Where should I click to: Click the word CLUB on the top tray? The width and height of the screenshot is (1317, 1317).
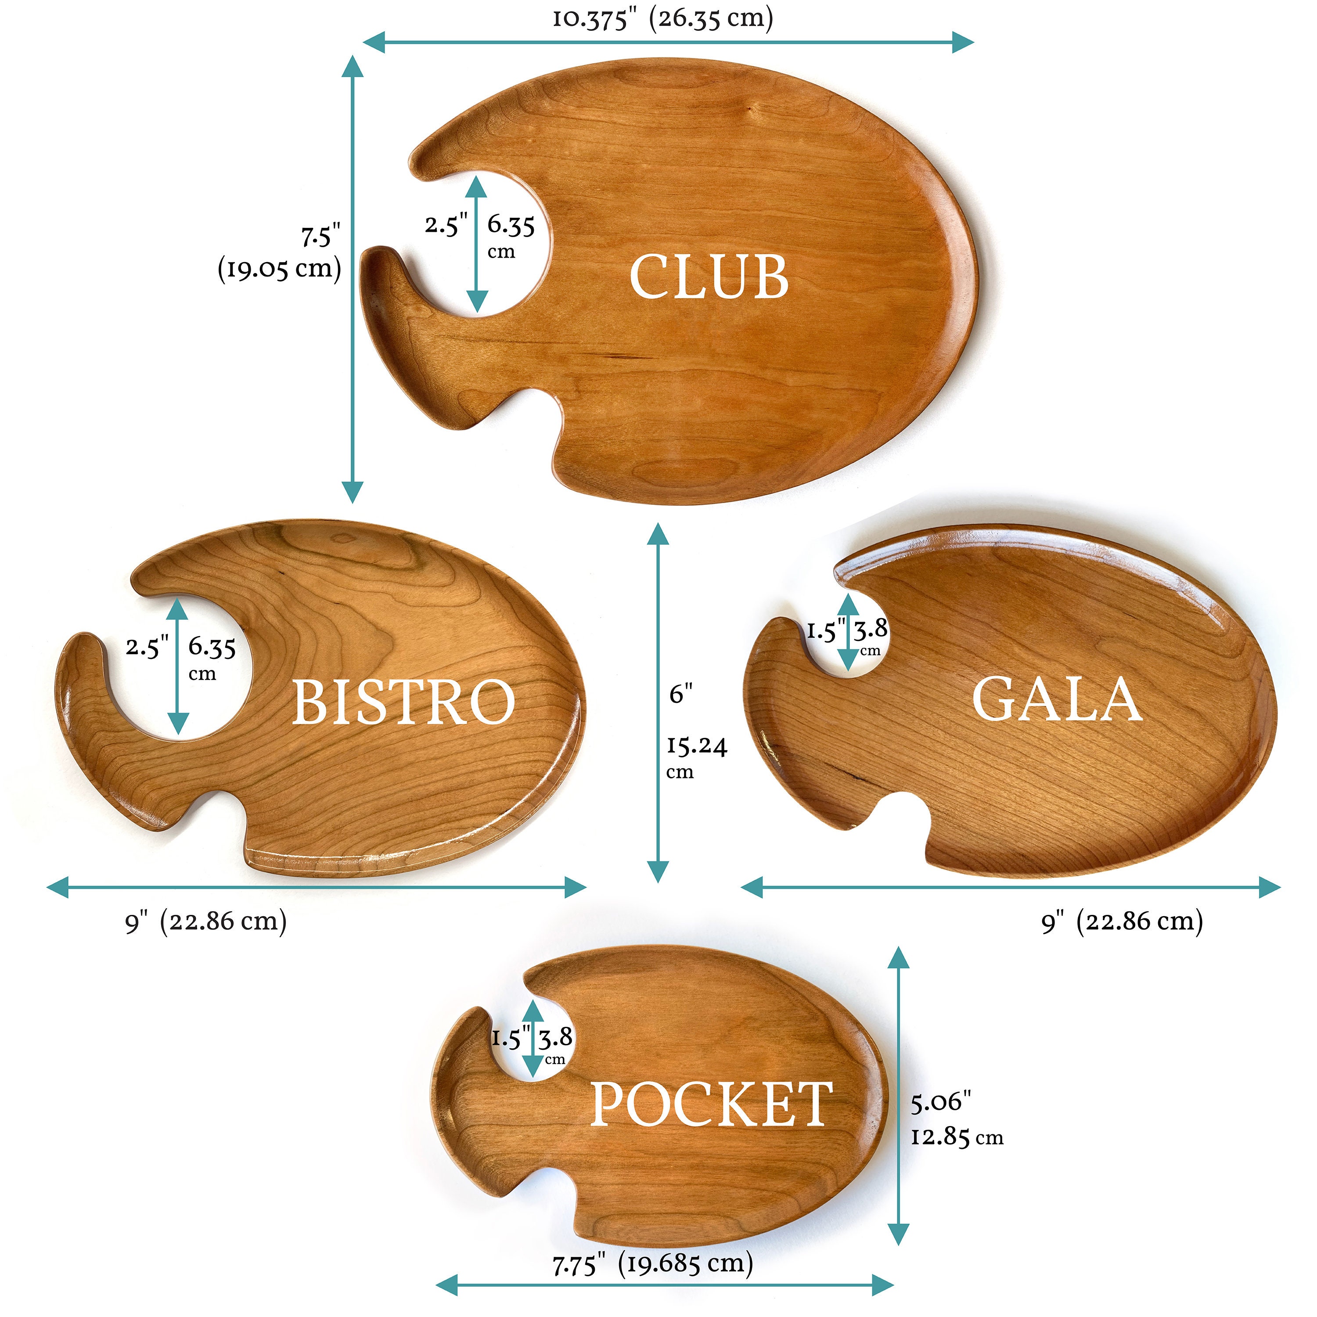coord(709,277)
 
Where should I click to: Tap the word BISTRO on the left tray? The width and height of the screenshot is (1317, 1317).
coord(403,702)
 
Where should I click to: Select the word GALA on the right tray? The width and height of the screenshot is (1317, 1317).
coord(1057,699)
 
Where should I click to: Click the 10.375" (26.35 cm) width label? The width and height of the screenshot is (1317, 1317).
coord(662,18)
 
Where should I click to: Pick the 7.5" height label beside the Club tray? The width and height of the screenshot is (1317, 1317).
coord(320,236)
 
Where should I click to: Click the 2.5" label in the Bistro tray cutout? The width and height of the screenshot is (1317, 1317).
coord(147,646)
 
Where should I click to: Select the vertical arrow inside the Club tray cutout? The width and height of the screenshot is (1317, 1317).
coord(477,244)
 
